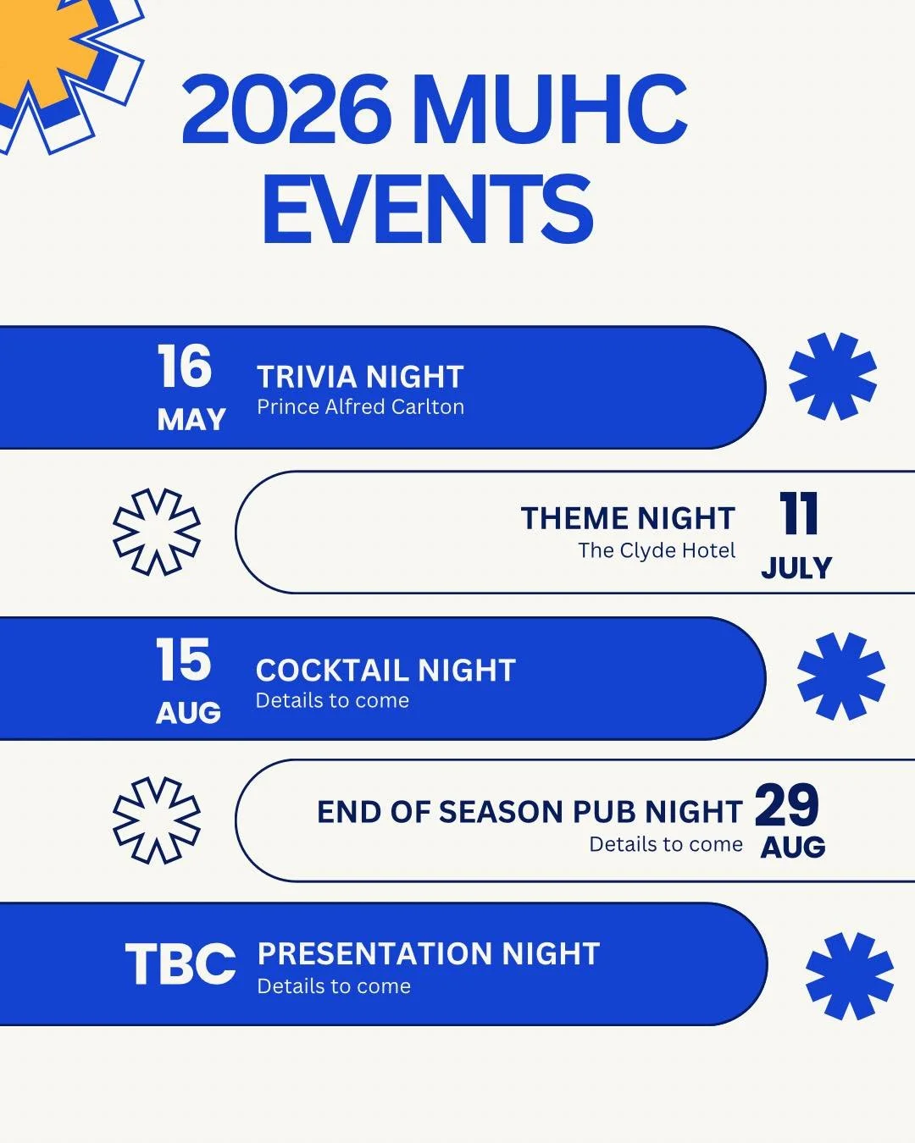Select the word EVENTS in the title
[428, 209]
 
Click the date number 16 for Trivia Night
[184, 367]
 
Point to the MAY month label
[191, 419]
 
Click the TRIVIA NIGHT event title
[360, 377]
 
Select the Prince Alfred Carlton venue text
[360, 407]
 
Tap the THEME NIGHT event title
[628, 518]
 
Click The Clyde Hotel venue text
[657, 550]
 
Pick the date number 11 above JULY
[798, 514]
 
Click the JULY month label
[796, 567]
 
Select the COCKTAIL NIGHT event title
[385, 671]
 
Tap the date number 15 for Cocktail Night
[183, 660]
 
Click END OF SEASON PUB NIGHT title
[530, 812]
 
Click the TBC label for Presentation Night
[180, 964]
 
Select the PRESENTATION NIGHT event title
[429, 954]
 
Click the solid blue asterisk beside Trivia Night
[832, 377]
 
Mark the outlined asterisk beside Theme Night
[157, 532]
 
